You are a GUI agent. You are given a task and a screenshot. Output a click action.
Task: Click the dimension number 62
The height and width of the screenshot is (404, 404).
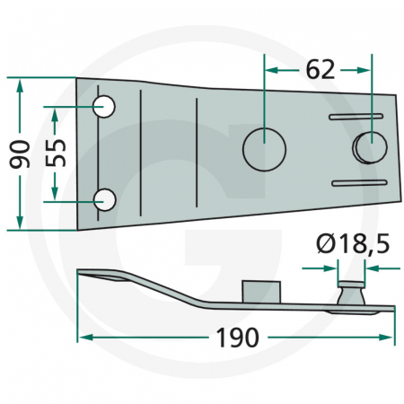pyautogui.click(x=320, y=70)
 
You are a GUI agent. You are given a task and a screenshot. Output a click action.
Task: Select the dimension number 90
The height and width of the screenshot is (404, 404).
pyautogui.click(x=20, y=154)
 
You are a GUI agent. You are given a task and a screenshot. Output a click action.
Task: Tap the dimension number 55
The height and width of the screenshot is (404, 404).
pyautogui.click(x=56, y=153)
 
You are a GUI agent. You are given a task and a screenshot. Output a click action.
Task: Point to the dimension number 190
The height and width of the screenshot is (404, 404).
pyautogui.click(x=237, y=338)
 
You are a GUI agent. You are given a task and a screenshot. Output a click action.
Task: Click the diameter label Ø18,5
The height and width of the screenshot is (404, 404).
pyautogui.click(x=353, y=244)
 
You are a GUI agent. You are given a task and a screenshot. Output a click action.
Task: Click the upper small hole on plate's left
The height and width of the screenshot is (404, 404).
pyautogui.click(x=104, y=106)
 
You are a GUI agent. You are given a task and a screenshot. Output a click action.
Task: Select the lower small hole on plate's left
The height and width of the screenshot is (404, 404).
pyautogui.click(x=104, y=199)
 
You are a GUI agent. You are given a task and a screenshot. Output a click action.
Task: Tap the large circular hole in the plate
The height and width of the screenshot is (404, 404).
pyautogui.click(x=264, y=150)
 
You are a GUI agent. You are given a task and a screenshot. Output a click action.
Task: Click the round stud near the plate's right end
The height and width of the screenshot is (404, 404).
pyautogui.click(x=370, y=147)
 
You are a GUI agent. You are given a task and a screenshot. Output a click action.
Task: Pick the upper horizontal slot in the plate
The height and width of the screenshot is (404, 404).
pyautogui.click(x=356, y=117)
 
